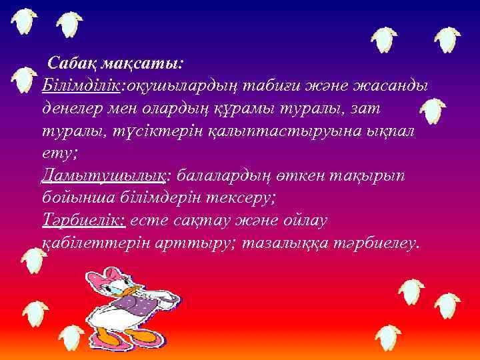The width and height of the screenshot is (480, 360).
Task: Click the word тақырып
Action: point(382,176)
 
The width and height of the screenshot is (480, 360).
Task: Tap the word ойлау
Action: point(306,220)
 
